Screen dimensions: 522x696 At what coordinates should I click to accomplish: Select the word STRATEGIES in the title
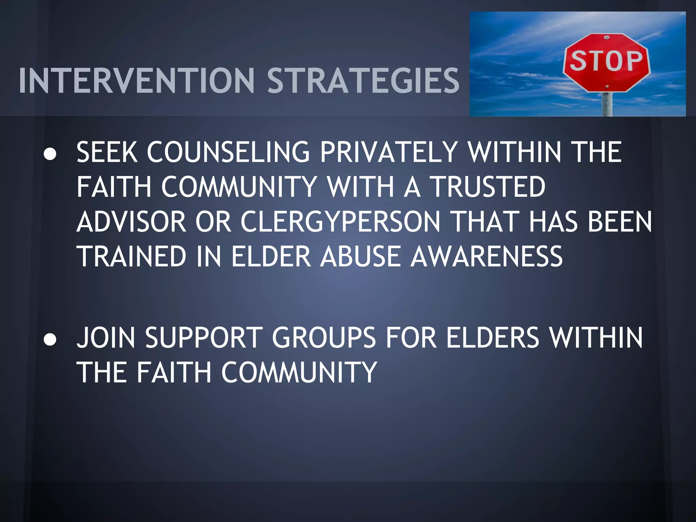363,81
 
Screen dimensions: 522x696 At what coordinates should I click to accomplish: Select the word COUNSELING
228,152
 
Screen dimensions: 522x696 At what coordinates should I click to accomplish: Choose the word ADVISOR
132,222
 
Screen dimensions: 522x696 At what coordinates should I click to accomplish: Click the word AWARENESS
487,256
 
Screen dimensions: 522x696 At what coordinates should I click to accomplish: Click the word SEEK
107,152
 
